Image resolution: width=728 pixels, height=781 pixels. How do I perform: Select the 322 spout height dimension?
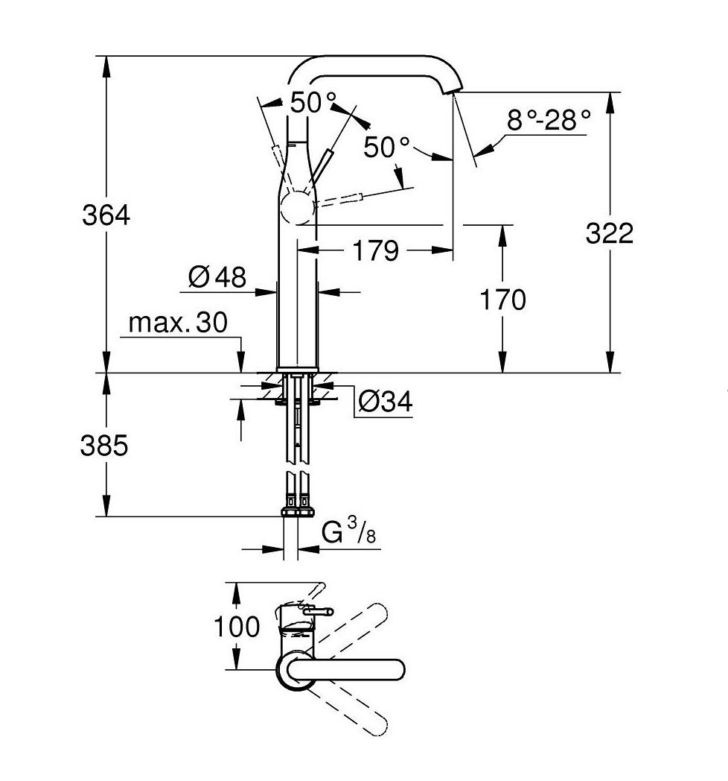[609, 233]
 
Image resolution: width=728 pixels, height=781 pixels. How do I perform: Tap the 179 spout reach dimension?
[375, 251]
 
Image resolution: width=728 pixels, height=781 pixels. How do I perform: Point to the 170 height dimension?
[502, 300]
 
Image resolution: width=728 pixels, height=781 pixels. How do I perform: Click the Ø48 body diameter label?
[217, 277]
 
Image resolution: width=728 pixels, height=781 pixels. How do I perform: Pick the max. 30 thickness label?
[178, 323]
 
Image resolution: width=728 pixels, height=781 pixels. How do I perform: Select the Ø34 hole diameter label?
[384, 402]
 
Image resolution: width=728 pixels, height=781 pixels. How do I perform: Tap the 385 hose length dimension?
[104, 446]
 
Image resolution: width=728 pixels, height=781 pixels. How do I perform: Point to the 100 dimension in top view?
[237, 627]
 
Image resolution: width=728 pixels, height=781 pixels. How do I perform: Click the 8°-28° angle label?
[548, 120]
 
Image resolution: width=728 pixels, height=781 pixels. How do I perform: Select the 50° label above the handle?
[313, 103]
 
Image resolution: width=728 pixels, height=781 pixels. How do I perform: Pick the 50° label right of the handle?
[387, 147]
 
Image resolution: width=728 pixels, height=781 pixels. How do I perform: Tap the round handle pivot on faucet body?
[298, 206]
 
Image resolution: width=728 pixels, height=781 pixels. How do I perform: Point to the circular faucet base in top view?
[293, 669]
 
